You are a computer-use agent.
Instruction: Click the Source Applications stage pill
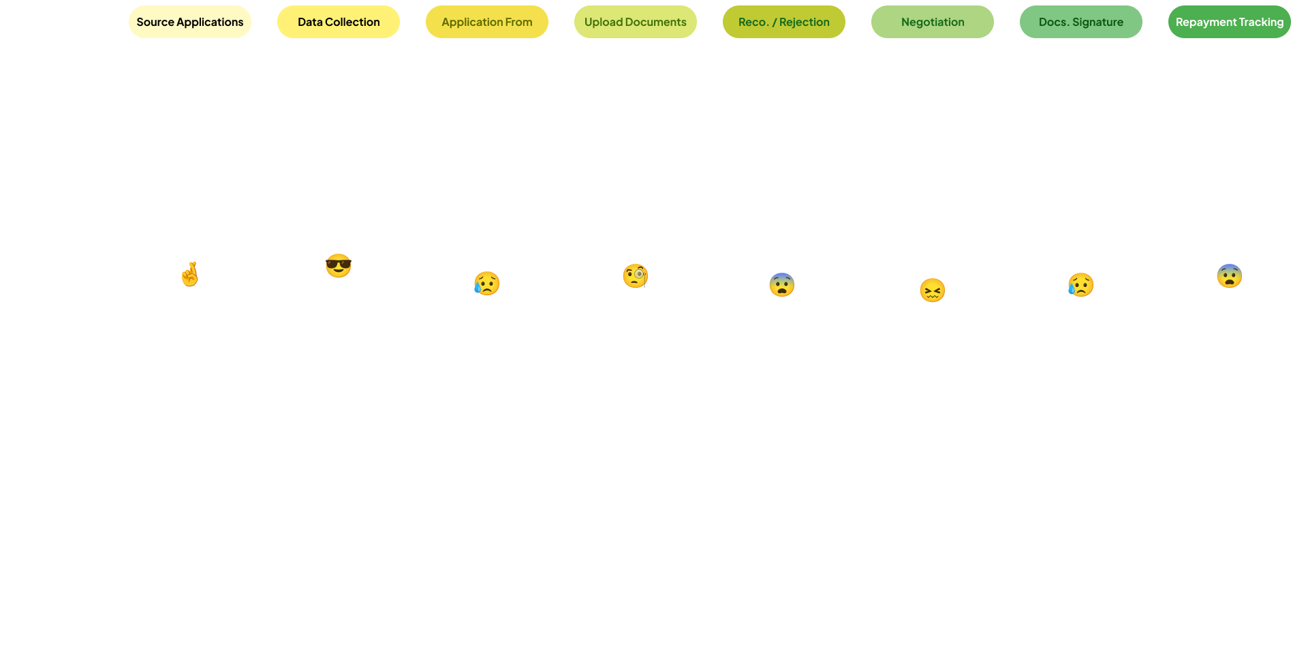(189, 22)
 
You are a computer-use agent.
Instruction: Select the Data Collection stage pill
(338, 22)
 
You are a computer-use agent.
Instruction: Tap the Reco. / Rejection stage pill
(783, 22)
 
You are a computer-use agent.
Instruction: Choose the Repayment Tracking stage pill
(1229, 22)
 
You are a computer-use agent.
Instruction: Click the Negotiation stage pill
(932, 22)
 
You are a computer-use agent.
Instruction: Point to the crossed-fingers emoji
(189, 275)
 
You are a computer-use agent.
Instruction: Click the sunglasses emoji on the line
(338, 265)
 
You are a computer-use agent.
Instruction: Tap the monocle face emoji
(635, 276)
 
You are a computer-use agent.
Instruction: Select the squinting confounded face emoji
(932, 290)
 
